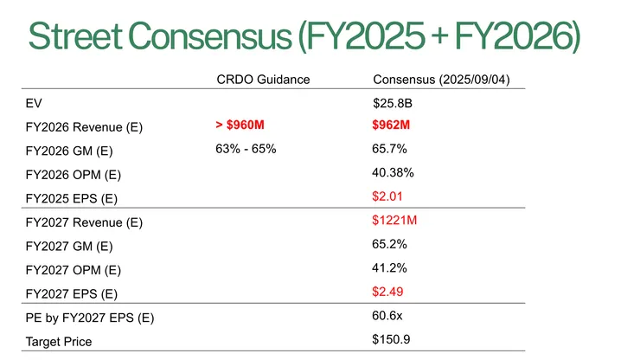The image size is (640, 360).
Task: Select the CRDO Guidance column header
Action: pyautogui.click(x=262, y=80)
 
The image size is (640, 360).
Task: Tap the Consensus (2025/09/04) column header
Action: pyautogui.click(x=440, y=80)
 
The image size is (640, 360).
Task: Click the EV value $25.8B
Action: pyautogui.click(x=390, y=104)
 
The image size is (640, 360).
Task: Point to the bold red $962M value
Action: pyautogui.click(x=390, y=125)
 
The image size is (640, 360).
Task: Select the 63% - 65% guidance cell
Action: pyautogui.click(x=246, y=149)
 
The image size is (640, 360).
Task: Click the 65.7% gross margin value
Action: pyautogui.click(x=389, y=149)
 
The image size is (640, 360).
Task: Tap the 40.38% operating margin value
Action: pyautogui.click(x=393, y=173)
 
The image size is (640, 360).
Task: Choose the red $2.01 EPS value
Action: pyautogui.click(x=387, y=196)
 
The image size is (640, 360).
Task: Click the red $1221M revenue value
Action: pyautogui.click(x=394, y=221)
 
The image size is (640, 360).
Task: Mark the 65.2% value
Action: pyautogui.click(x=389, y=244)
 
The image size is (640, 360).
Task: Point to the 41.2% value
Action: pyautogui.click(x=389, y=267)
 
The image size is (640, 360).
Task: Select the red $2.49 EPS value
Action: pyautogui.click(x=387, y=292)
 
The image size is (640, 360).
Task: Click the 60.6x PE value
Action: pyautogui.click(x=388, y=315)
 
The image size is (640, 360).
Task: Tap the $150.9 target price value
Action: pyautogui.click(x=391, y=338)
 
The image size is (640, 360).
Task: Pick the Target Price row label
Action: pyautogui.click(x=59, y=342)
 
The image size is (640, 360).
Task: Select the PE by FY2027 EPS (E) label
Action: pyautogui.click(x=90, y=318)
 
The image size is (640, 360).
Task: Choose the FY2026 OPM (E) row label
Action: pyautogui.click(x=74, y=176)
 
